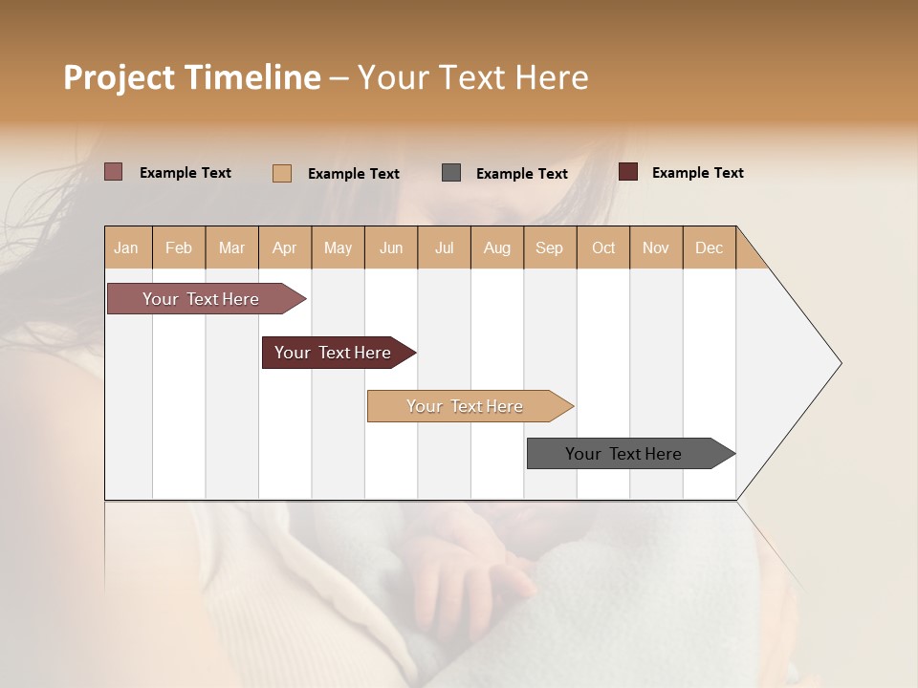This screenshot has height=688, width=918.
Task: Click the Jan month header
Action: (126, 247)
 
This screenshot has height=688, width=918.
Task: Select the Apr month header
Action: (284, 247)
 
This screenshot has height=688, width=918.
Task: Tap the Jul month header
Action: (444, 247)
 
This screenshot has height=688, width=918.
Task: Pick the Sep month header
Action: (549, 247)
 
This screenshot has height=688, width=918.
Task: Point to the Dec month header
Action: (709, 247)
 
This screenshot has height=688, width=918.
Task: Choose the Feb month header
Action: (179, 247)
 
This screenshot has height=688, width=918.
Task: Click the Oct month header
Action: (603, 247)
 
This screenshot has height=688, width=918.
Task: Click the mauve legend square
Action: (114, 172)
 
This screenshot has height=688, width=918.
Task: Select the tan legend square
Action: (282, 173)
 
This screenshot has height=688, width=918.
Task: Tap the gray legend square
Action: (451, 173)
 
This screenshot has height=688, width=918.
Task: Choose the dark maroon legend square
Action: (628, 172)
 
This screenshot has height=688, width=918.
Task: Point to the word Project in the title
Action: (120, 77)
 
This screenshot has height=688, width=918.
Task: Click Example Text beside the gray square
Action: (521, 174)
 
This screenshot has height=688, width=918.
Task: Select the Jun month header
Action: (391, 247)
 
